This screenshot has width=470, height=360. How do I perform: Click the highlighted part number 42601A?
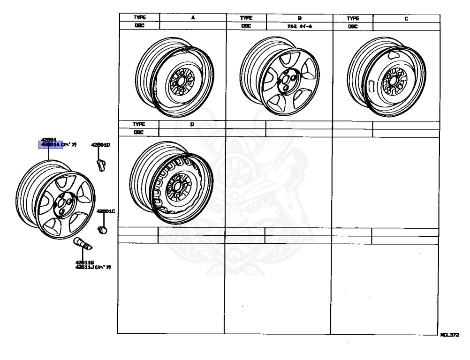(50, 145)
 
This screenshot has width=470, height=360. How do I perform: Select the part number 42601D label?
(100, 145)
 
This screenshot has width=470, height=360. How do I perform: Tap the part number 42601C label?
(106, 211)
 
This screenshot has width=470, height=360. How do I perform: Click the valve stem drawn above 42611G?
(83, 244)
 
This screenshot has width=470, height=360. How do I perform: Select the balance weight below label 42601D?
(100, 165)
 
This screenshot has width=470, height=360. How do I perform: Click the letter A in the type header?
(193, 18)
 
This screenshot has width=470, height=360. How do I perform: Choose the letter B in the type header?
(299, 18)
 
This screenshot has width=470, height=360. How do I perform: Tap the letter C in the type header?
(406, 18)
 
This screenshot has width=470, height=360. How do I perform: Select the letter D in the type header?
(192, 125)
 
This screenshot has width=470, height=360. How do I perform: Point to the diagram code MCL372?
(449, 336)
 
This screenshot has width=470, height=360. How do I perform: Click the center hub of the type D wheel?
(177, 187)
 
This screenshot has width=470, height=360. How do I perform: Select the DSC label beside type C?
(352, 27)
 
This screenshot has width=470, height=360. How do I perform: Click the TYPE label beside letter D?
(139, 125)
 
